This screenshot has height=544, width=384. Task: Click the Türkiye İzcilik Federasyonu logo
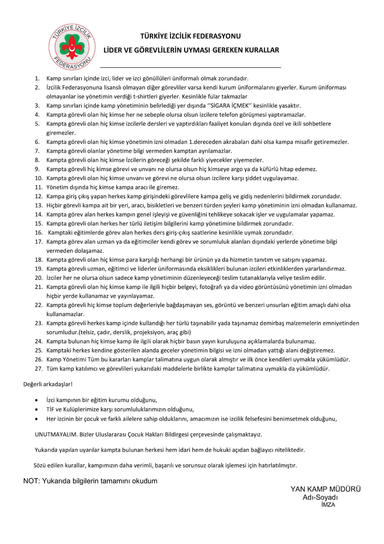tap(72, 47)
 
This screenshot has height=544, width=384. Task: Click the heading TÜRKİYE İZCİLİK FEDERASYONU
tap(190, 36)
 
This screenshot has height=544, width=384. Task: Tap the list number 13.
tap(38, 205)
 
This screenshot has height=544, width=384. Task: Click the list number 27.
tap(38, 369)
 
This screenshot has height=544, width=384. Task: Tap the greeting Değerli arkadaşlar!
tap(48, 384)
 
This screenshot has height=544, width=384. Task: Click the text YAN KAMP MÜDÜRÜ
tap(326, 489)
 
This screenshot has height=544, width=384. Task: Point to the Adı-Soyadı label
tap(320, 497)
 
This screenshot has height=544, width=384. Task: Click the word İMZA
tap(328, 505)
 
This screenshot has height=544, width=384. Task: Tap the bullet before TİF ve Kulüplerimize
tap(36, 410)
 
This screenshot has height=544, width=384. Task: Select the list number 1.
tap(37, 79)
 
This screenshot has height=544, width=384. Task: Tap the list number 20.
tap(38, 278)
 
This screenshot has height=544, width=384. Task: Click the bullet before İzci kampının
tap(36, 401)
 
